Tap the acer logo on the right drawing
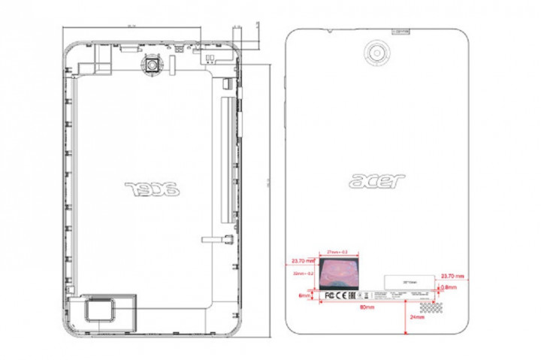pyautogui.click(x=377, y=181)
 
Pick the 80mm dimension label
pyautogui.click(x=367, y=308)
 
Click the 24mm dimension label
pyautogui.click(x=417, y=318)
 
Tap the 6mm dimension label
pyautogui.click(x=304, y=295)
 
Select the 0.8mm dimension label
pyautogui.click(x=449, y=287)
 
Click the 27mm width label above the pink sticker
pyautogui.click(x=336, y=253)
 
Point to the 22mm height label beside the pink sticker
pyautogui.click(x=303, y=274)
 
